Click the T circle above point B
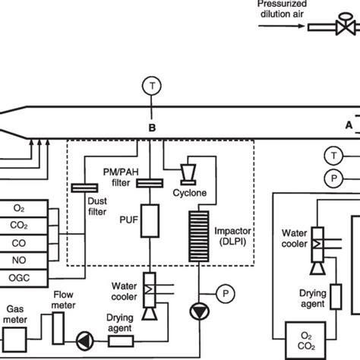pos(152,86)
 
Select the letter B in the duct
pos(152,128)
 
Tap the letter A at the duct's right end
pos(349,125)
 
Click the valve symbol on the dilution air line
pos(346,24)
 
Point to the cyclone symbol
pos(188,175)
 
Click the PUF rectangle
pos(150,221)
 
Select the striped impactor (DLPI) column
pos(199,236)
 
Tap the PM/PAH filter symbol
pos(150,183)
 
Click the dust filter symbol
pos(84,188)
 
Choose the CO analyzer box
pos(24,243)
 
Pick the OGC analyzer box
pos(24,278)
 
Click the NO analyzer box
pos(24,261)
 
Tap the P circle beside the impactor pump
pos(226,294)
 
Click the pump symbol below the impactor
pos(200,311)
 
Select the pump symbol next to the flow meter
pos(85,341)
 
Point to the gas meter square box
pos(14,340)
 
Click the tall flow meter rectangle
pos(58,328)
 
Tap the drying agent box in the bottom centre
pos(121,341)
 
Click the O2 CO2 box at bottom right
pos(305,341)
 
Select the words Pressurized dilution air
pos(282,9)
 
